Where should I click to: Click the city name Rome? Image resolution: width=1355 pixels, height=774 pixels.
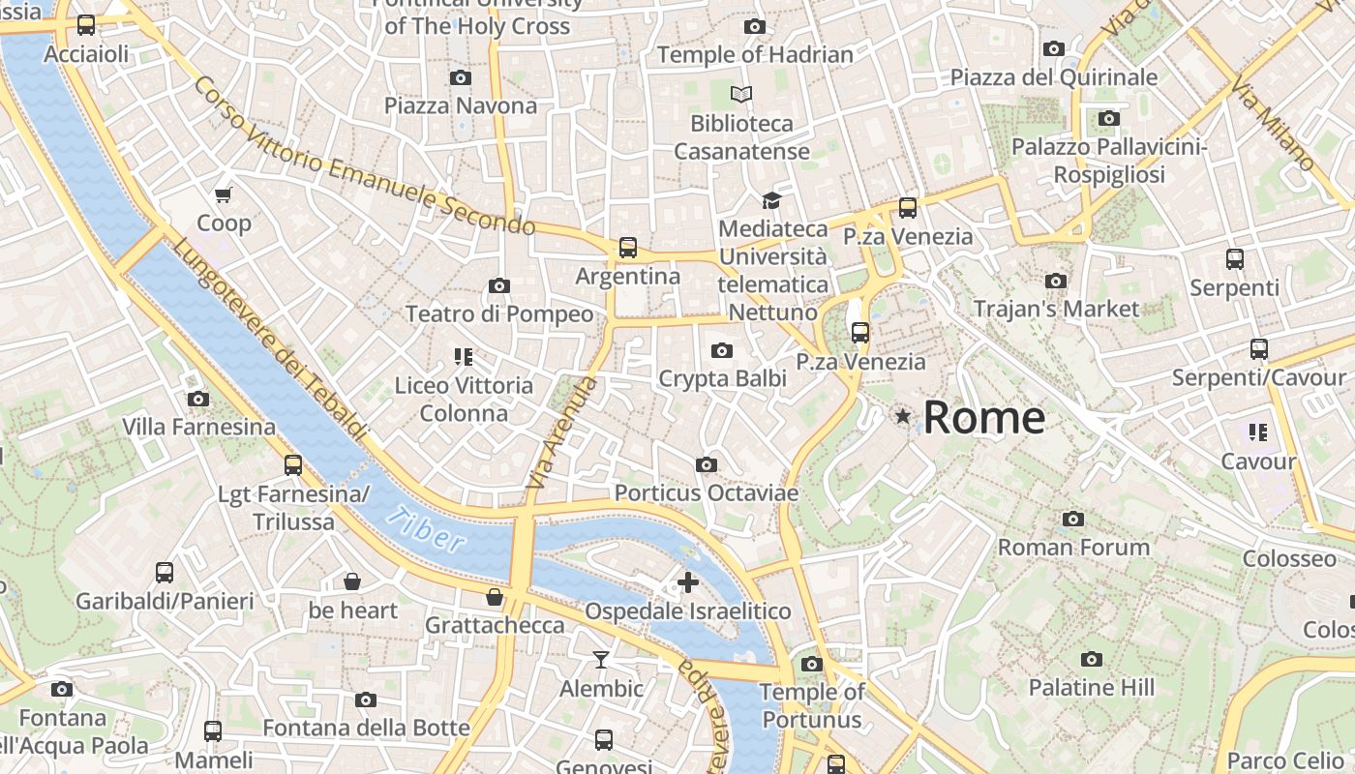coord(983,418)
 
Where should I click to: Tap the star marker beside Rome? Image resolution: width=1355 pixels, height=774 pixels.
coord(903,416)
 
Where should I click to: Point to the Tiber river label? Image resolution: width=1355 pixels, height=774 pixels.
coord(427,528)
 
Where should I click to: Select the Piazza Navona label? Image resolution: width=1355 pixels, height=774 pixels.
coord(461,105)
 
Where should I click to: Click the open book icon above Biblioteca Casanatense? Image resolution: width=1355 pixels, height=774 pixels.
coord(741,94)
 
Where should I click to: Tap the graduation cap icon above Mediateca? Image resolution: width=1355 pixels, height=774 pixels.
coord(771,200)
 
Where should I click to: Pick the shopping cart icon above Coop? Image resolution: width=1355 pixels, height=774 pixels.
coord(224,194)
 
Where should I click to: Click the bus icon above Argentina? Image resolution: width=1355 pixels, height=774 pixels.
coord(628,248)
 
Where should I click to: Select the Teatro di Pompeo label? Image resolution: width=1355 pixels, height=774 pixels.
coord(499,314)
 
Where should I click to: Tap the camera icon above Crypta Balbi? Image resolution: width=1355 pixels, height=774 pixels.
coord(722,350)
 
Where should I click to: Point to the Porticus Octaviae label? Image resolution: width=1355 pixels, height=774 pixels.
coord(707,493)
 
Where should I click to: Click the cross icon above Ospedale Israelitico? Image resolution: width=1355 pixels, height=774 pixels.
coord(687,582)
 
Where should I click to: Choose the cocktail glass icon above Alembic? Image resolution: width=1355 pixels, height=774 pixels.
coord(601,660)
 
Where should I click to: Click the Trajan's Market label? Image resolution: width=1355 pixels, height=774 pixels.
coord(1056,310)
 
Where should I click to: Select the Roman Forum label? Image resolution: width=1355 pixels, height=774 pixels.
coord(1073,548)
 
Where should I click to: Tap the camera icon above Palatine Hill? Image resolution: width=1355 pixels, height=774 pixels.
coord(1092,660)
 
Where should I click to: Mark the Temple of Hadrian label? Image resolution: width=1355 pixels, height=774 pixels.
coord(755,55)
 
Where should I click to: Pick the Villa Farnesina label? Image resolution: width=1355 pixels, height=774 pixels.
coord(198,427)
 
